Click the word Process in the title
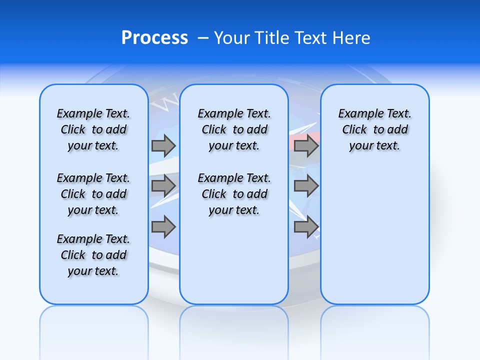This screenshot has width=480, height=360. point(154,38)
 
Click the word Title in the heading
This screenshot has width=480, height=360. point(269,38)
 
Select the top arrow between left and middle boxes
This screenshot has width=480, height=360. point(163,145)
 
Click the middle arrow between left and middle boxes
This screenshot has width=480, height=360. point(163,186)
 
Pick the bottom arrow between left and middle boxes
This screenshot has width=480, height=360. point(163,226)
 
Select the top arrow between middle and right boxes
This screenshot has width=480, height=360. point(306,145)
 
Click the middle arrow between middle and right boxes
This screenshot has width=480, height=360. point(306,186)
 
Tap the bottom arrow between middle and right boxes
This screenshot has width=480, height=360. point(306,226)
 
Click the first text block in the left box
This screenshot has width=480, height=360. point(93,129)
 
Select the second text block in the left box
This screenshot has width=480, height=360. point(93,194)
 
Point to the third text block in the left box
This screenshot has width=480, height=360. point(93,255)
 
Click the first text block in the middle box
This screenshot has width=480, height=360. point(234,129)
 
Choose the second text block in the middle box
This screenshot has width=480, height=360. point(234,194)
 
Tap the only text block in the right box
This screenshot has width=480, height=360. point(375,129)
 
